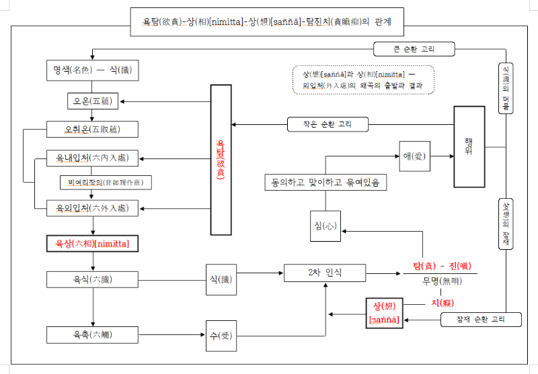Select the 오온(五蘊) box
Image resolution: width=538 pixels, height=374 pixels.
click(93, 101)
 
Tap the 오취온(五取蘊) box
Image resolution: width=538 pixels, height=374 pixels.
click(93, 128)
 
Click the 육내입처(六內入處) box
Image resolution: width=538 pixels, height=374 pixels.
click(93, 158)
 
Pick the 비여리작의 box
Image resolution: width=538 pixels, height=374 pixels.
click(106, 182)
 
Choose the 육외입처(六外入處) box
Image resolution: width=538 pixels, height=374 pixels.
click(93, 208)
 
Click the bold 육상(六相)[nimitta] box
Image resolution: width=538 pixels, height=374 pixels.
click(93, 242)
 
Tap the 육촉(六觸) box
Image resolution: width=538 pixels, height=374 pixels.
click(93, 334)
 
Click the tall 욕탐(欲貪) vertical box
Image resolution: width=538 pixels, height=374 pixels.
click(221, 160)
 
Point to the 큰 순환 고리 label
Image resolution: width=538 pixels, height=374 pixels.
click(414, 49)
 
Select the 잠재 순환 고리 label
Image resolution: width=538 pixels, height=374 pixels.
click(481, 320)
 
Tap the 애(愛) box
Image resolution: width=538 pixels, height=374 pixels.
click(414, 156)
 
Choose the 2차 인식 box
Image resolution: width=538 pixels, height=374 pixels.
click(325, 273)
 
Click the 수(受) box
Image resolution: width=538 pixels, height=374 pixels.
click(221, 334)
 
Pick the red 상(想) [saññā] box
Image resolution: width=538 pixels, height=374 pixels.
click(384, 313)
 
